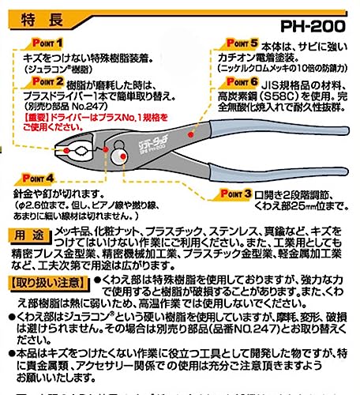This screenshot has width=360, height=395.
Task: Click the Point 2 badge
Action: (x=46, y=81)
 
